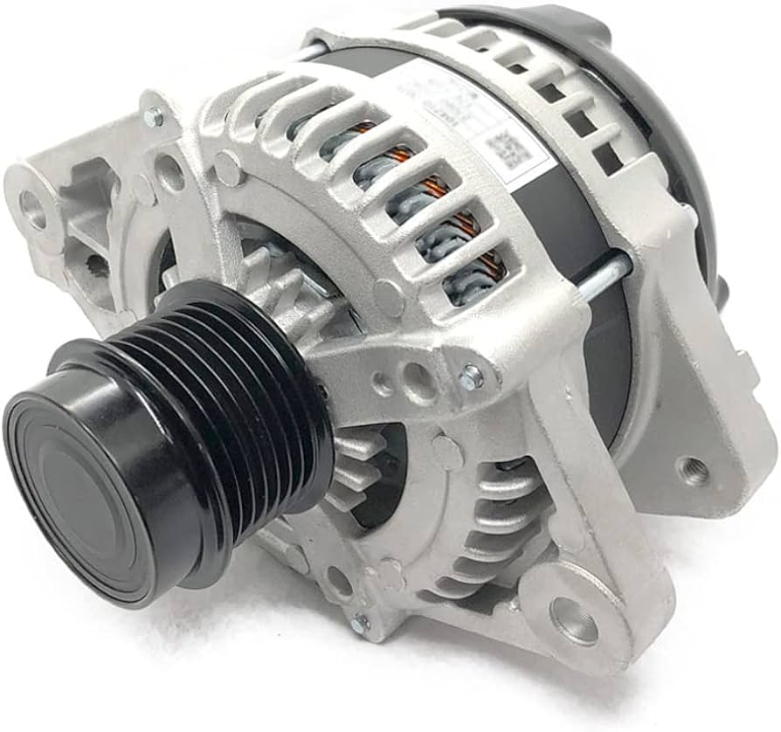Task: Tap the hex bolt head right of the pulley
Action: [471, 376]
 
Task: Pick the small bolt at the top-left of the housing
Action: [154, 115]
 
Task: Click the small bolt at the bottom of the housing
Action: [360, 624]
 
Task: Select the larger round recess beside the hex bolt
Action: [418, 381]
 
